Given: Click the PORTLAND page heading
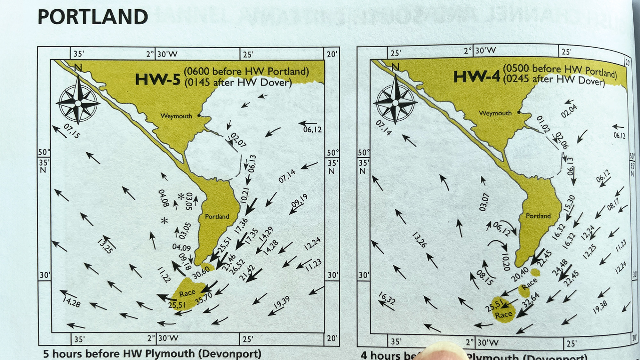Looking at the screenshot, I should (x=93, y=17).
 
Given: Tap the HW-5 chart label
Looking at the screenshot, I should (x=158, y=79).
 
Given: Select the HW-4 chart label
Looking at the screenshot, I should (x=476, y=77).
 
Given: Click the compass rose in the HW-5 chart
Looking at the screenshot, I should (x=78, y=103).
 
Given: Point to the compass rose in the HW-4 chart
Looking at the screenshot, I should (x=396, y=102).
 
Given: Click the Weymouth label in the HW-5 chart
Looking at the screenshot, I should (x=176, y=116).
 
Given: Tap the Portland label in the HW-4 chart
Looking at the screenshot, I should (x=538, y=216).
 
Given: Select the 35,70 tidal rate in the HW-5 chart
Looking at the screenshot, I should (x=204, y=298).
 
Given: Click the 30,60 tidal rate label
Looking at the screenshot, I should (x=201, y=272).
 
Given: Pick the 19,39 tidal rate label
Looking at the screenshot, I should (x=282, y=302).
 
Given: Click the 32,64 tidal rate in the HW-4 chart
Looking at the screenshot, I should (x=531, y=300).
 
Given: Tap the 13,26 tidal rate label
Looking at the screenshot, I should (x=420, y=240).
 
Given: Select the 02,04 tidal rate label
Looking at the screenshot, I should (x=569, y=111).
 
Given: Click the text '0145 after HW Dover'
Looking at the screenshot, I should (x=238, y=83).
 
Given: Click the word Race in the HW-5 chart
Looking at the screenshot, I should (x=187, y=293).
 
